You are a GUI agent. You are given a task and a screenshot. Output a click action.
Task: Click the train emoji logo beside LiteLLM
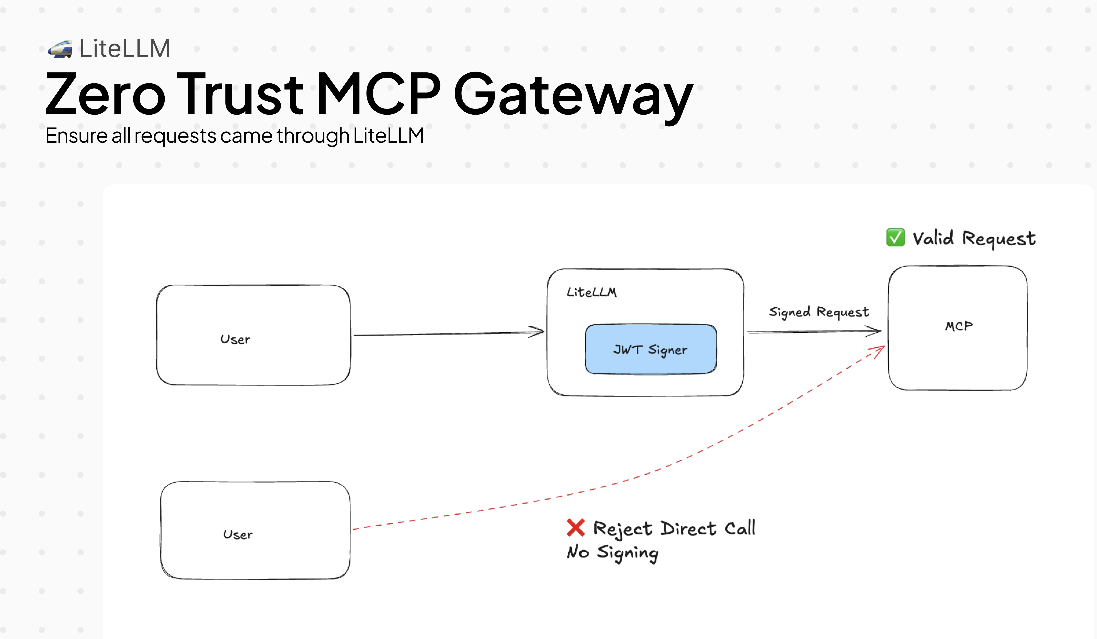click(60, 49)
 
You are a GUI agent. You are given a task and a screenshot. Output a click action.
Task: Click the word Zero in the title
click(105, 95)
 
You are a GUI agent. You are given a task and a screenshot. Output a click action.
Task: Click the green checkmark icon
click(895, 237)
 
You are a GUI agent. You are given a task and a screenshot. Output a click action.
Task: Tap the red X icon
click(576, 528)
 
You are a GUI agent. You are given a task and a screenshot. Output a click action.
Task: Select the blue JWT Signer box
click(650, 349)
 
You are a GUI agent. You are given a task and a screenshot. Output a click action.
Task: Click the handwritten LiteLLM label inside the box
click(591, 292)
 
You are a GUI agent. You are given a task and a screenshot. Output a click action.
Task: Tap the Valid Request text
click(974, 238)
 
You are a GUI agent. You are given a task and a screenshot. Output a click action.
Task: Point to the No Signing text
click(612, 552)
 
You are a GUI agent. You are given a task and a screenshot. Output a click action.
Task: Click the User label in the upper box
click(235, 339)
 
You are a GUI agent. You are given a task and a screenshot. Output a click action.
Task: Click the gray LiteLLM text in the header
click(124, 48)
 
